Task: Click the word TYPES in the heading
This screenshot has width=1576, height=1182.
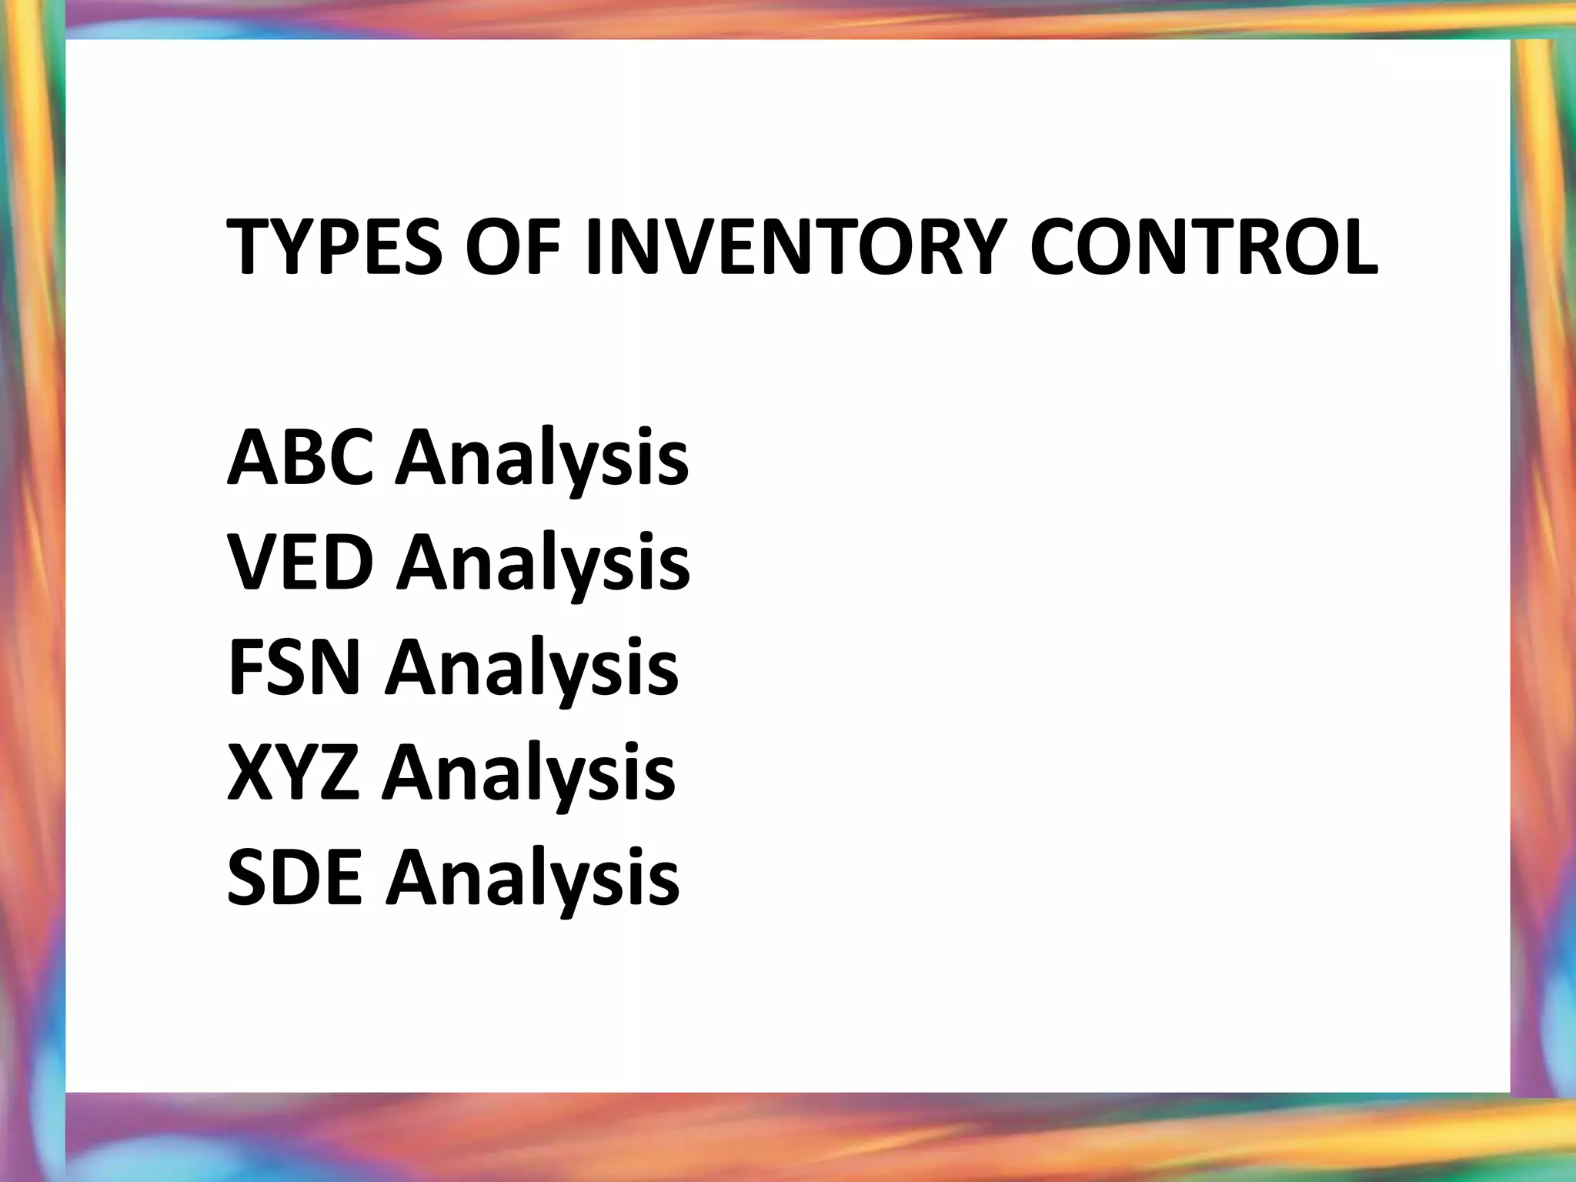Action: tap(335, 247)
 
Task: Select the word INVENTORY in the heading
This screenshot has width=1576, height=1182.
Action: tap(796, 247)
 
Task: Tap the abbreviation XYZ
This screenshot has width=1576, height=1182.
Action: tap(293, 773)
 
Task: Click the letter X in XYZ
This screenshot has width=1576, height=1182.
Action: tap(251, 773)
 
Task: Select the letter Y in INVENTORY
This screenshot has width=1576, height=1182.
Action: tap(979, 247)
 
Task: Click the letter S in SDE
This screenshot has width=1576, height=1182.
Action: tap(249, 877)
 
